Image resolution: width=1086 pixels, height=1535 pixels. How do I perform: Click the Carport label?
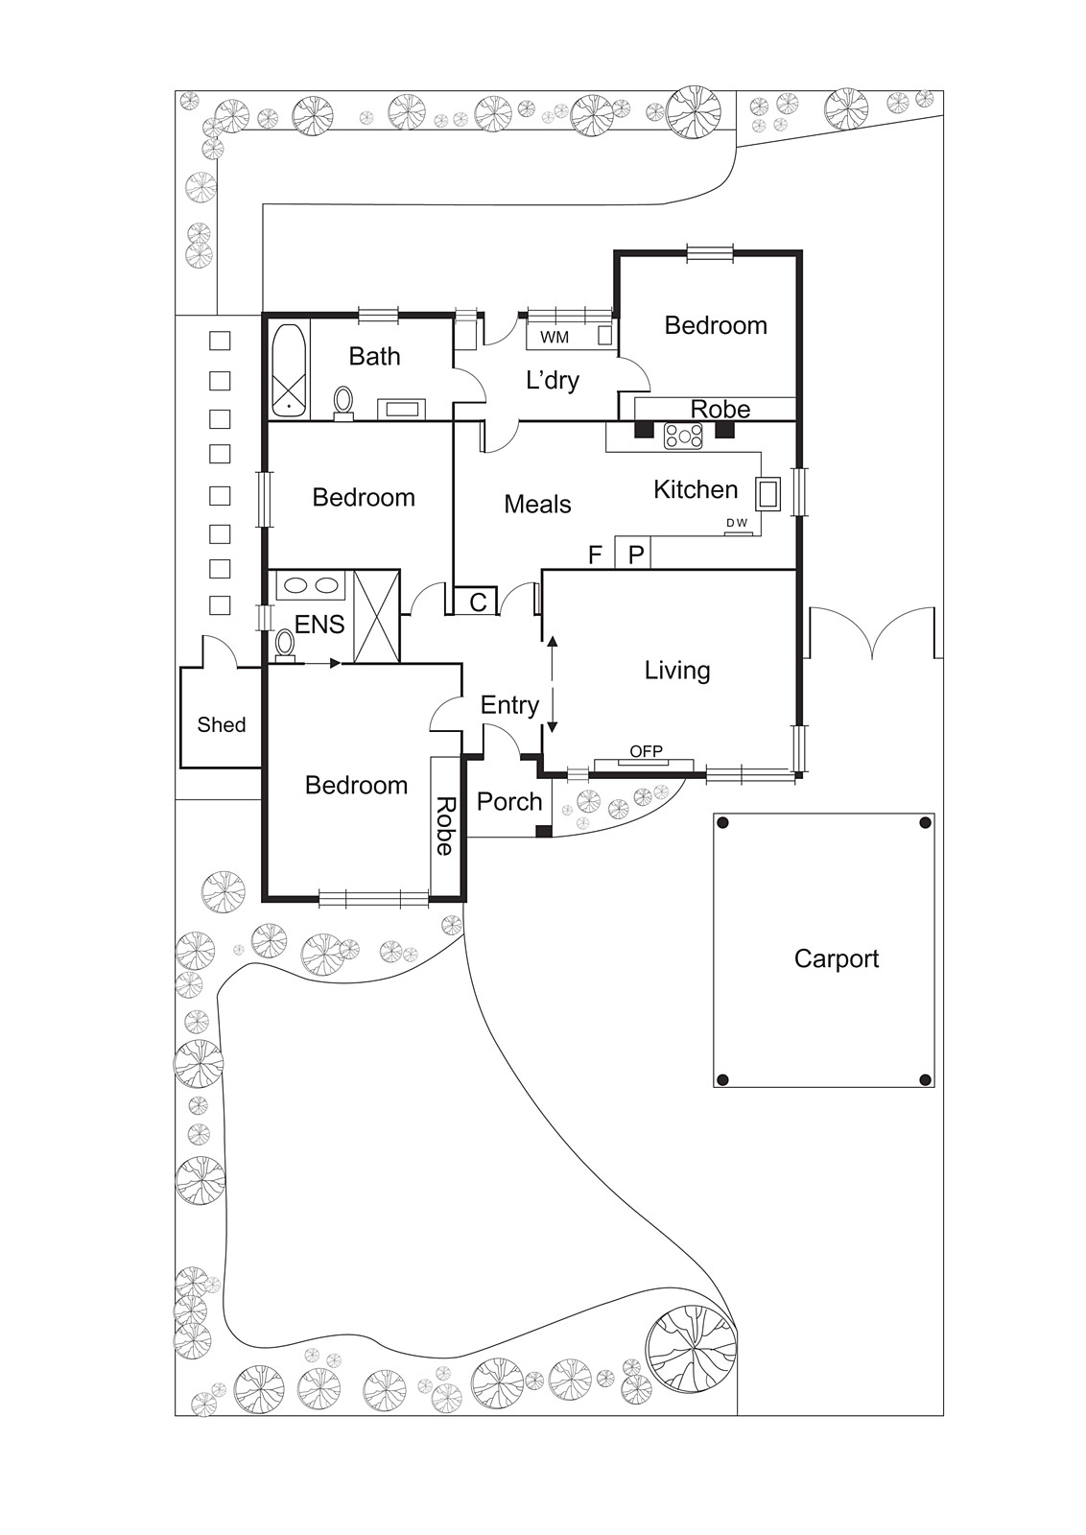coord(836,958)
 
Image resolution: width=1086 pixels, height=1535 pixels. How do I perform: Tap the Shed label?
coord(222,724)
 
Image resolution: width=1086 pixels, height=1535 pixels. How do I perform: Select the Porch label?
coord(509,801)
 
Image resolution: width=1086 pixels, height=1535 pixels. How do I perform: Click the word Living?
coord(677,671)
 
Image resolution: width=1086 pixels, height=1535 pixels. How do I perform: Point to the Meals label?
coord(537,505)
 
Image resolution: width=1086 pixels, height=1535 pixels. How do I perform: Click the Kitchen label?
coord(696,489)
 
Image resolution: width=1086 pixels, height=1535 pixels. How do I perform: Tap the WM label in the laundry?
coord(555,338)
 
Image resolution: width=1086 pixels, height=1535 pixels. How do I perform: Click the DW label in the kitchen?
coord(737,523)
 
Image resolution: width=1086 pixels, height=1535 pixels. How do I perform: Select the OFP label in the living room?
coord(646,751)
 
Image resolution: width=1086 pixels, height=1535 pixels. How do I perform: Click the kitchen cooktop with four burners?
coord(684,436)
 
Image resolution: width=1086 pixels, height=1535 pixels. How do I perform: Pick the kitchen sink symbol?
coord(767,493)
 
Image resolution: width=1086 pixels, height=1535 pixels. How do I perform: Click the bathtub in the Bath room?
coord(289,370)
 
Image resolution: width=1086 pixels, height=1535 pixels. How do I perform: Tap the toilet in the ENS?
coord(285,647)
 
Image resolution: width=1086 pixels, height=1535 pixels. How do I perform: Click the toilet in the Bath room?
coord(343,402)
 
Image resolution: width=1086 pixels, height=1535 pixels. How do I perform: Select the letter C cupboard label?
coord(479,602)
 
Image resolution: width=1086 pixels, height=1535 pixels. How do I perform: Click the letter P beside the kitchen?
coord(636,554)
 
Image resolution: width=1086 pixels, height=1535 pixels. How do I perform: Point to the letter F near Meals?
coord(595,555)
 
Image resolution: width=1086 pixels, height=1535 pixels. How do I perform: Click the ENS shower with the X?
coord(376,615)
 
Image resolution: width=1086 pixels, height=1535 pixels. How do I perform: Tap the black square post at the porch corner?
coord(543,831)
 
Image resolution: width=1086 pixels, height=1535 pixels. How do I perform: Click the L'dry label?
coord(553,380)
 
